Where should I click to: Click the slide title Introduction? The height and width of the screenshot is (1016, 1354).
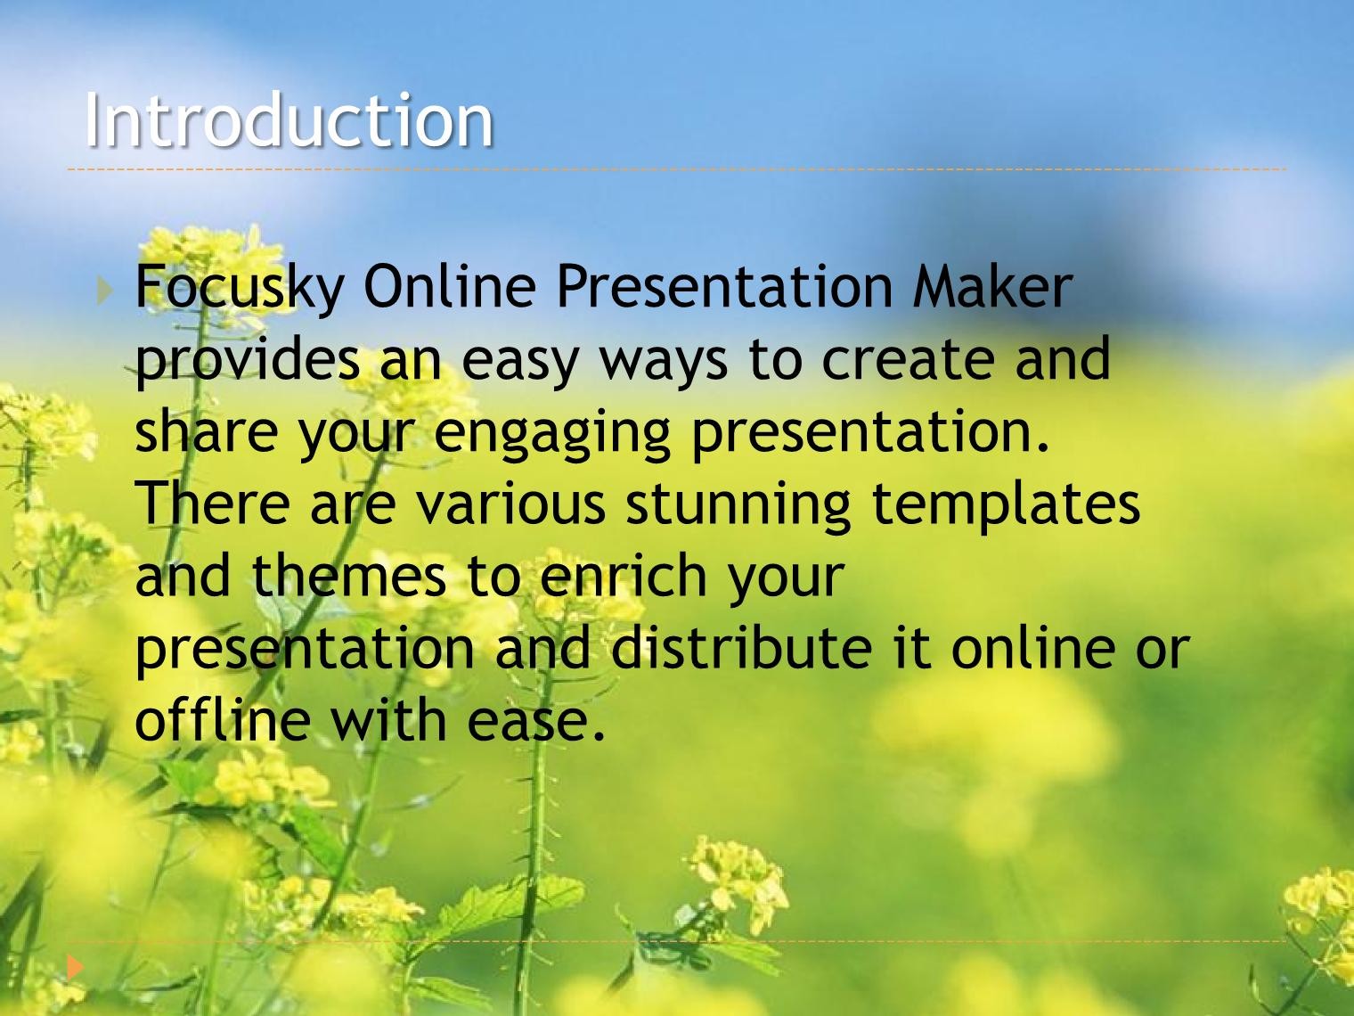(x=289, y=119)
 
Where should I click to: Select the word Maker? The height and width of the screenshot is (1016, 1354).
(x=992, y=286)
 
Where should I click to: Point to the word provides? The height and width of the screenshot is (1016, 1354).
(x=247, y=362)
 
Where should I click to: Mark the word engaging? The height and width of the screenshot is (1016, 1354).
(x=552, y=436)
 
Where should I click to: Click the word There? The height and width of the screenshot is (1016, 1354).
(x=212, y=502)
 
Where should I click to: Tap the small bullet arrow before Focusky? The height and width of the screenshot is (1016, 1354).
(x=105, y=291)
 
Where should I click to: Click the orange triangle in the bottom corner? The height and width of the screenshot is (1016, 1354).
(x=75, y=967)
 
